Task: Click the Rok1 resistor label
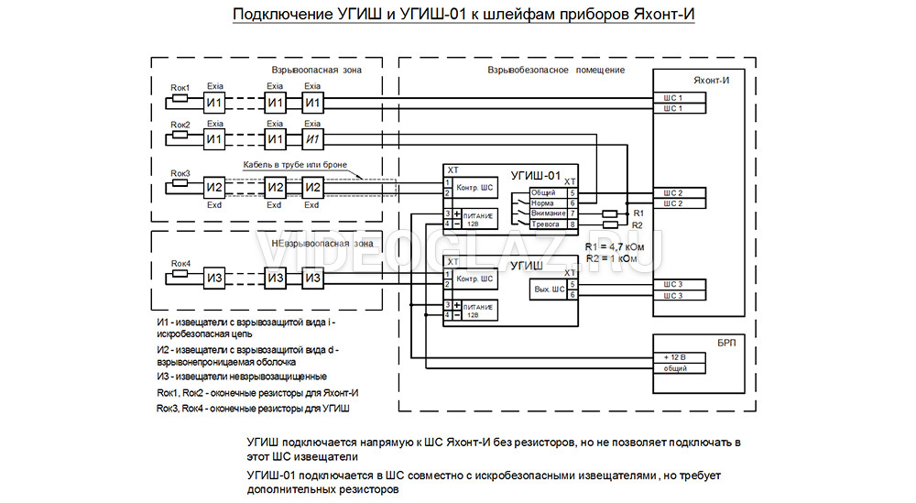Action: click(180, 87)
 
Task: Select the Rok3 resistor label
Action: click(180, 173)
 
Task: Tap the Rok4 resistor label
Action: click(180, 264)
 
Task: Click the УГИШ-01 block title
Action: click(534, 174)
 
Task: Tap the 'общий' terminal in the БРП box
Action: click(668, 368)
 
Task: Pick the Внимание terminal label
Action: click(548, 213)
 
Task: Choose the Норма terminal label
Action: click(542, 202)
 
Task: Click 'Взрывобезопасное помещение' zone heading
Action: click(556, 71)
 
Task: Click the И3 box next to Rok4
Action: click(214, 279)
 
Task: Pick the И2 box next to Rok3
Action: click(214, 188)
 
